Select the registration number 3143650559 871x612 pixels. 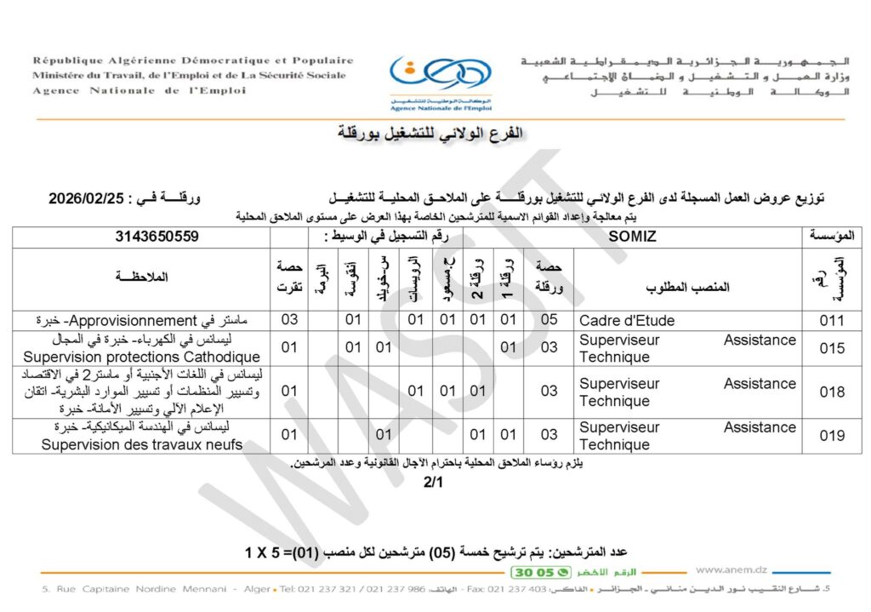(157, 237)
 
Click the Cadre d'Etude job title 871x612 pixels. (626, 321)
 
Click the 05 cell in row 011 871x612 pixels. (549, 321)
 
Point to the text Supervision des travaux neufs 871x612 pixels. (142, 444)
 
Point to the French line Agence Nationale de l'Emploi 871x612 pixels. (139, 90)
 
